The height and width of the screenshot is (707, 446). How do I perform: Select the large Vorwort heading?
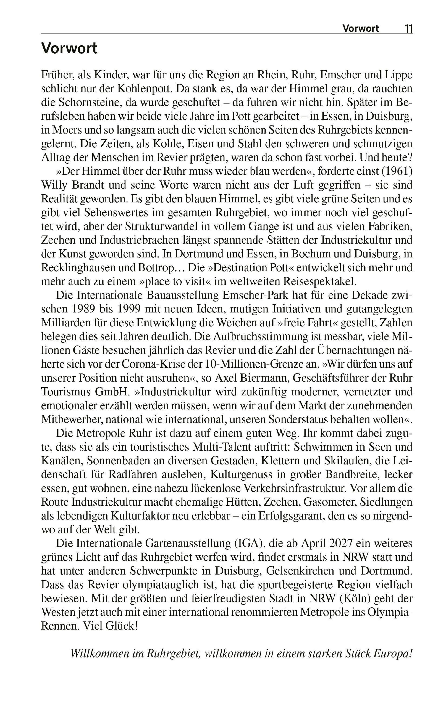coord(69,48)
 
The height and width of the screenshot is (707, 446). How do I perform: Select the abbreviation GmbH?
coord(113,392)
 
